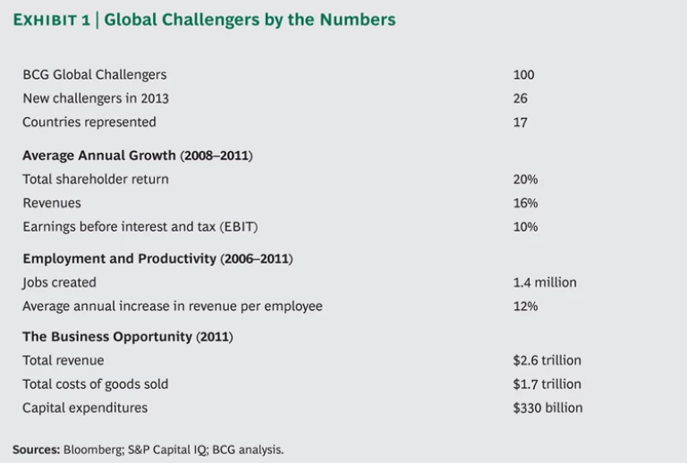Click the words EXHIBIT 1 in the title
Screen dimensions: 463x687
(x=52, y=20)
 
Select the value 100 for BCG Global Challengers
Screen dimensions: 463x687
(x=523, y=75)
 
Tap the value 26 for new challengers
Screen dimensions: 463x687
(x=520, y=98)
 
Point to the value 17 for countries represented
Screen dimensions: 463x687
(x=520, y=122)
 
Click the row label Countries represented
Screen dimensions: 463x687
(x=89, y=122)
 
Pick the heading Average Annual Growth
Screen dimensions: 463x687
(x=99, y=156)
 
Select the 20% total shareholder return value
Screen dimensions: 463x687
(x=525, y=180)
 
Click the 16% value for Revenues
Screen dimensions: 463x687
(x=525, y=203)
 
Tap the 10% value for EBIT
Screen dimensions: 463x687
(x=525, y=227)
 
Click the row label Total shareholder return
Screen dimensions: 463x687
(x=96, y=180)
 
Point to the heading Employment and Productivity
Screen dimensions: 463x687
(x=119, y=259)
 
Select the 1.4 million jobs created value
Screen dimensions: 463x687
(x=545, y=282)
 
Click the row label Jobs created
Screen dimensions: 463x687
(x=59, y=282)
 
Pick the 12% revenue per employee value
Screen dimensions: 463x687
(x=525, y=307)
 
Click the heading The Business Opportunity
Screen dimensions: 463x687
(x=107, y=337)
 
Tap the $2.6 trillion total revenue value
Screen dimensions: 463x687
(x=547, y=360)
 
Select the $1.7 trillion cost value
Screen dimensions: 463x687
(x=547, y=384)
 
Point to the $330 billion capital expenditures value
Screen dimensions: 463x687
(x=547, y=408)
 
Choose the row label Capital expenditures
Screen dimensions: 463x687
(x=85, y=408)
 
